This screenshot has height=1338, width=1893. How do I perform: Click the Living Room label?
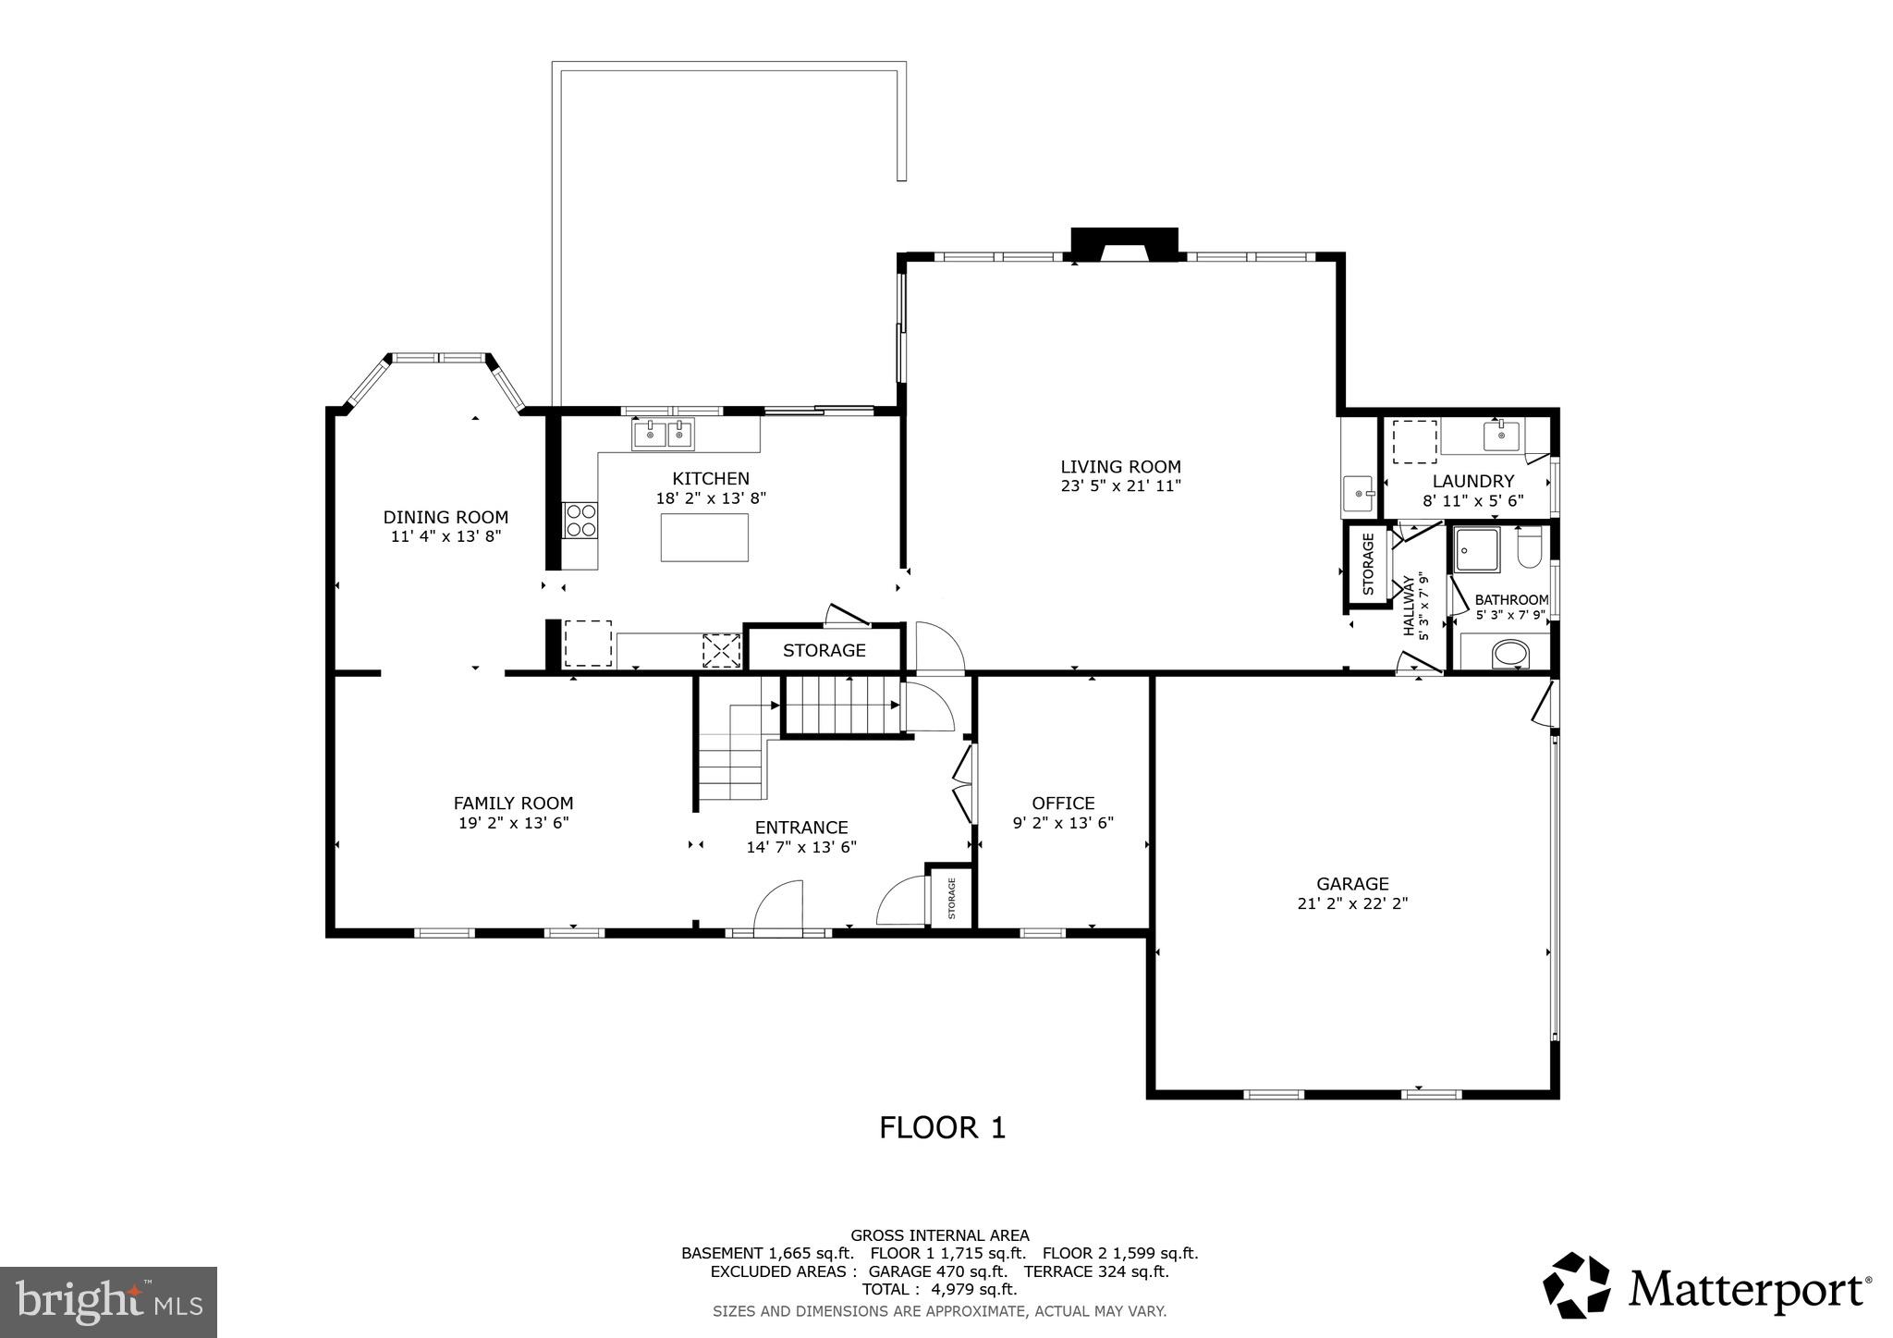pyautogui.click(x=1120, y=467)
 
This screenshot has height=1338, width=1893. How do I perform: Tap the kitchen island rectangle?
pyautogui.click(x=704, y=536)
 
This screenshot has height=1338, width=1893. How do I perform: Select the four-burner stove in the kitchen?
pyautogui.click(x=580, y=520)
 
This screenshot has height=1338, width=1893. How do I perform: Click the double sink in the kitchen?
pyautogui.click(x=663, y=433)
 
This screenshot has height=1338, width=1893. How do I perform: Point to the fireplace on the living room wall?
pyautogui.click(x=1124, y=245)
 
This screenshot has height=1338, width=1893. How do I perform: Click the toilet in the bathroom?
pyautogui.click(x=1529, y=548)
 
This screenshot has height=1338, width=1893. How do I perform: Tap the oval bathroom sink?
pyautogui.click(x=1511, y=655)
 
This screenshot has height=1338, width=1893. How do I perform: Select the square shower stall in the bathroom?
pyautogui.click(x=1477, y=550)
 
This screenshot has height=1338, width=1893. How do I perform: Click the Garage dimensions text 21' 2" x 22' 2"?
pyautogui.click(x=1352, y=903)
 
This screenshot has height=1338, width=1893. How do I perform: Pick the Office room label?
pyautogui.click(x=1063, y=804)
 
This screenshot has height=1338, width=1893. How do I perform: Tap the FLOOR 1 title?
pyautogui.click(x=942, y=1127)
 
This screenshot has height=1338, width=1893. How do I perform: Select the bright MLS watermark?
pyautogui.click(x=108, y=1302)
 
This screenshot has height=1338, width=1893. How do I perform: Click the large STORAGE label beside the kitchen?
pyautogui.click(x=824, y=650)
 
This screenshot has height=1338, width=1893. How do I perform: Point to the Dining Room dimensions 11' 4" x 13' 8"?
pyautogui.click(x=446, y=535)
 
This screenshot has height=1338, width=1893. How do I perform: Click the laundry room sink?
pyautogui.click(x=1501, y=434)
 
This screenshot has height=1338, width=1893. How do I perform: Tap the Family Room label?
pyautogui.click(x=513, y=804)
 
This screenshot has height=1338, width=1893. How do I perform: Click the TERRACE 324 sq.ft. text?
pyautogui.click(x=1096, y=1271)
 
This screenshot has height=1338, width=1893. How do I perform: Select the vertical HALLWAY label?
pyautogui.click(x=1409, y=607)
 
